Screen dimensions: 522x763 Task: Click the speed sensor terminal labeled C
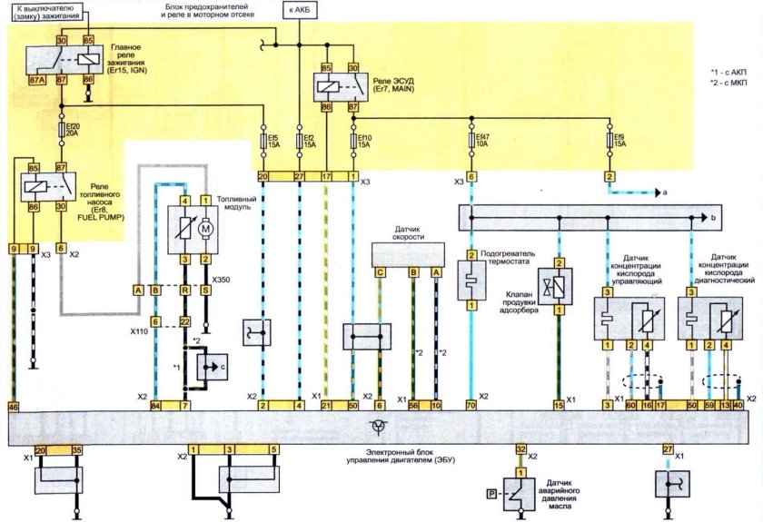[x=381, y=271]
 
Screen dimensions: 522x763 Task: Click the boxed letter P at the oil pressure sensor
[x=491, y=494]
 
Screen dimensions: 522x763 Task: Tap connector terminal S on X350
[x=205, y=290]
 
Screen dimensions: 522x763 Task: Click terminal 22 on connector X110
[x=184, y=321]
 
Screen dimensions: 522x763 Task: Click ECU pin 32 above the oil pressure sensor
[x=520, y=449]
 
